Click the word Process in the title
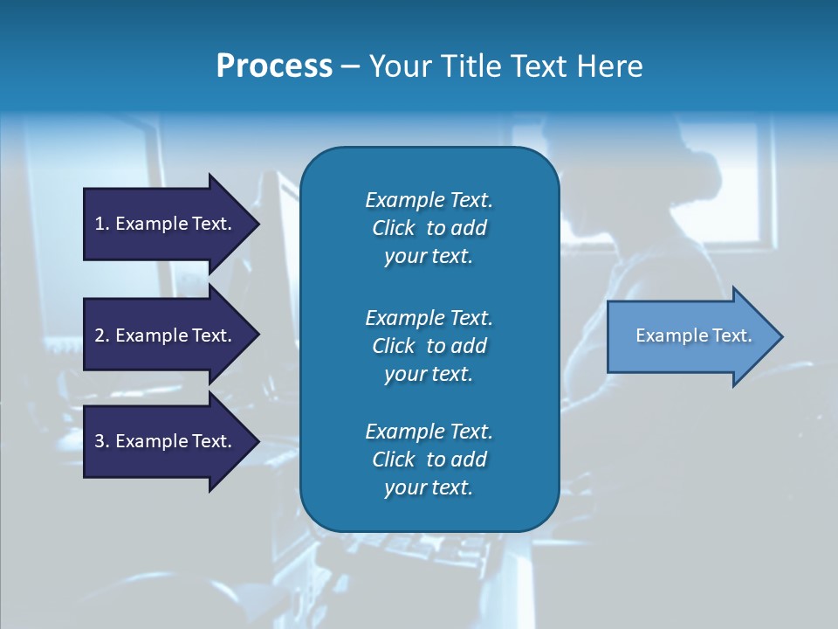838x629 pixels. click(274, 66)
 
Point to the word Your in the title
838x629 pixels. click(402, 66)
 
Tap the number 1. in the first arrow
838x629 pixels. click(102, 224)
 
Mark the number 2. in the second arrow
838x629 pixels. click(102, 335)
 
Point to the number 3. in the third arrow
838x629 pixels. click(102, 441)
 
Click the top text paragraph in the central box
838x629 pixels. click(429, 228)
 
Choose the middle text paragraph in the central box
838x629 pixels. click(429, 346)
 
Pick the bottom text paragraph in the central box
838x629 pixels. click(429, 460)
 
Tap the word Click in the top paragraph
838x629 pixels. click(394, 228)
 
